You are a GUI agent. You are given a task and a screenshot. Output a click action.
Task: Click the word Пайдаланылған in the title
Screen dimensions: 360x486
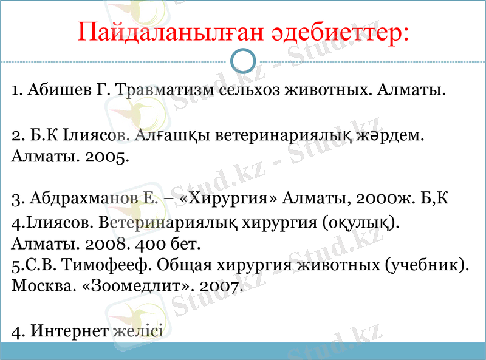pyautogui.click(x=168, y=32)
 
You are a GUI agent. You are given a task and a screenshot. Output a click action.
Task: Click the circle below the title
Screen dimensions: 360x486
pyautogui.click(x=244, y=61)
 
